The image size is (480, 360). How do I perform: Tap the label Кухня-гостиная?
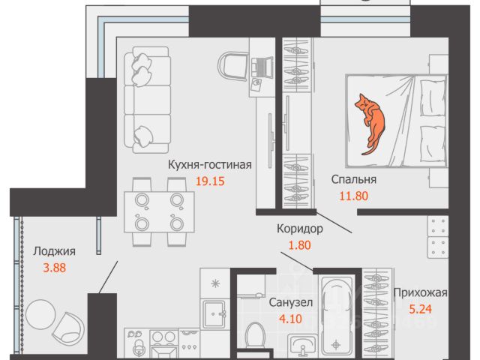tap(208, 166)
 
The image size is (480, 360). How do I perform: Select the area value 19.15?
tap(208, 181)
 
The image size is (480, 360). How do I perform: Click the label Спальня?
tap(353, 180)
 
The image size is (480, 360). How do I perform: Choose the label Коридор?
tap(298, 228)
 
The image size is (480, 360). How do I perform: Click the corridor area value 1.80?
tap(298, 244)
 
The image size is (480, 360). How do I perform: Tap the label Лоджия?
tap(53, 251)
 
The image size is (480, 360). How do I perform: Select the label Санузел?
tap(290, 302)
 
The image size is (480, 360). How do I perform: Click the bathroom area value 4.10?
tap(290, 318)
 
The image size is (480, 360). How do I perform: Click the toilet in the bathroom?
tap(255, 335)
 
